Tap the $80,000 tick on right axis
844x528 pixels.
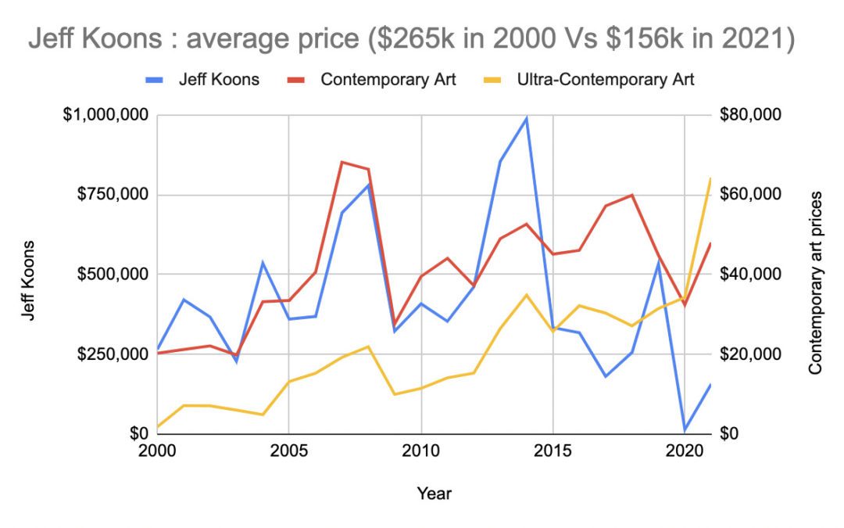(x=749, y=116)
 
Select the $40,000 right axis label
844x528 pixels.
(x=749, y=275)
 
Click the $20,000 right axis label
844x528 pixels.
(x=749, y=354)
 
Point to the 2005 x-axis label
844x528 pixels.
(x=289, y=452)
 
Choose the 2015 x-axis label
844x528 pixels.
(x=553, y=452)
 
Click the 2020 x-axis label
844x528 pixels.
(x=685, y=452)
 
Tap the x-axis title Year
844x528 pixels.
(x=434, y=493)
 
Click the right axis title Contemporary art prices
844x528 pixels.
(x=815, y=282)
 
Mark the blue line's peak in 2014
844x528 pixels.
(x=527, y=118)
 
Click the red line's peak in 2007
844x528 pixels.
(x=342, y=162)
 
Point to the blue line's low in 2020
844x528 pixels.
(x=685, y=429)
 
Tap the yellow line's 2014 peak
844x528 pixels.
(x=527, y=295)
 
